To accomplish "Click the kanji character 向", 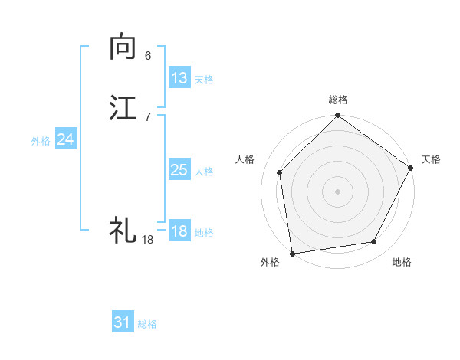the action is point(123,47).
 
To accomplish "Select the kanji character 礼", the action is point(123,229).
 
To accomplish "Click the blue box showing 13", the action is point(179,78).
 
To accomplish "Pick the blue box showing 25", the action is point(179,170).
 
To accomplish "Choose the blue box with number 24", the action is point(66,139).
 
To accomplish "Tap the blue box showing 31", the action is point(123,322).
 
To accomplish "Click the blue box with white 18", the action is point(179,231).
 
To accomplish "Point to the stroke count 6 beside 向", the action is point(148,55).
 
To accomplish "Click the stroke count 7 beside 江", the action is point(148,116).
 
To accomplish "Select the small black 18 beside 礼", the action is point(148,239).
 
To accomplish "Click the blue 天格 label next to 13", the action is point(204,80).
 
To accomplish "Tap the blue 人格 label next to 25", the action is point(204,172).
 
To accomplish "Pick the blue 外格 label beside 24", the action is point(41,141).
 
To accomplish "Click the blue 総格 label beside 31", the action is point(147,324).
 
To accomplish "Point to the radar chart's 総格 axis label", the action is point(337,100).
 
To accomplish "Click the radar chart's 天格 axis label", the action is point(431,159).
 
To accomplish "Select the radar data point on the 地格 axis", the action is point(374,242).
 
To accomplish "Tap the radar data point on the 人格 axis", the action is point(280,172).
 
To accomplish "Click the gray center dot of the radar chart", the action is point(337,191).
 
